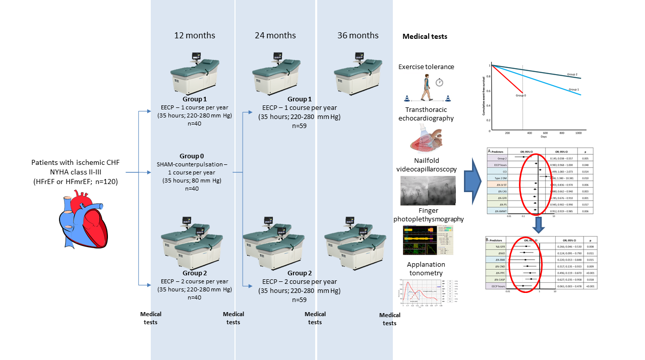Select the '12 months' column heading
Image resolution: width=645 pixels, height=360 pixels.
tap(195, 35)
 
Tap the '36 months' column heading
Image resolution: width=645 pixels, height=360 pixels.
tap(358, 35)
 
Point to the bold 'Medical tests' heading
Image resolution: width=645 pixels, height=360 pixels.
tap(425, 36)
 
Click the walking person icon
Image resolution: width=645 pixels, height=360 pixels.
tap(427, 86)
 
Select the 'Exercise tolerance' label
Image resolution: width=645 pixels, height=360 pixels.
tap(426, 67)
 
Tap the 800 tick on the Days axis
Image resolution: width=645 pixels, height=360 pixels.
tap(561, 134)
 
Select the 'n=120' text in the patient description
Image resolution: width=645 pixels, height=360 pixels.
tap(106, 182)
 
